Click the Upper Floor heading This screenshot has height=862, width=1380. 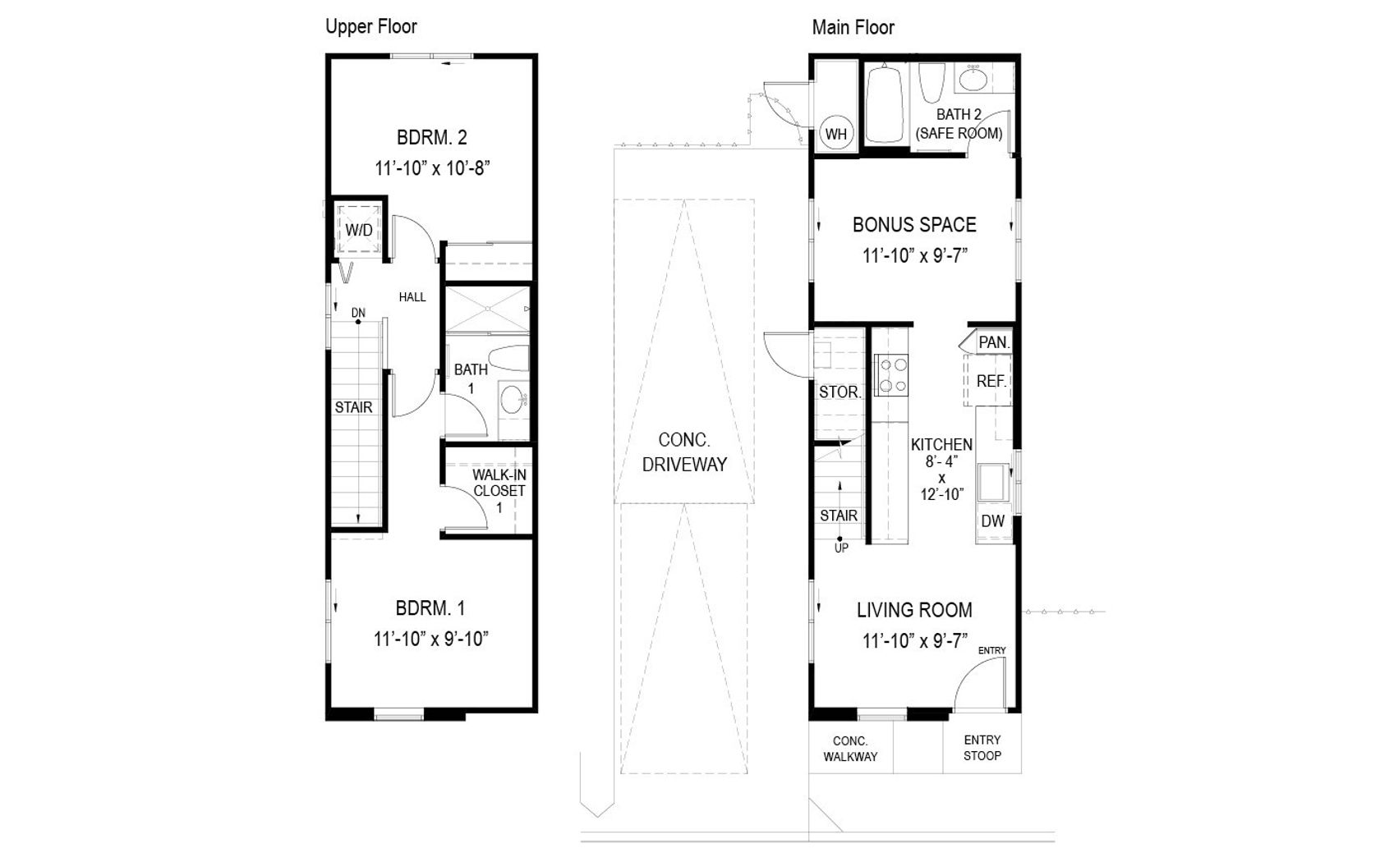[371, 26]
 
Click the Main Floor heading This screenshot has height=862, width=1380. [853, 27]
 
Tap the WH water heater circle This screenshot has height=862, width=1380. [836, 134]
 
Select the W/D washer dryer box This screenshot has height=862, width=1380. [358, 230]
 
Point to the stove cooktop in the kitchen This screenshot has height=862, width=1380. [890, 375]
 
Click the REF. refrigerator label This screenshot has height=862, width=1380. [991, 381]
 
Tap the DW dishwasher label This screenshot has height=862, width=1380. [992, 520]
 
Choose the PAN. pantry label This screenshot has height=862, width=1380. [994, 342]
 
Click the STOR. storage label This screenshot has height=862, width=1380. [839, 392]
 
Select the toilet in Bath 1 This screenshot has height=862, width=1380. [509, 358]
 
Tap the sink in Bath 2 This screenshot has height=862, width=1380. [973, 79]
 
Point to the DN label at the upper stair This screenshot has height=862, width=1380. [358, 313]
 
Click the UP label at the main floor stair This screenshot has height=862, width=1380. [841, 548]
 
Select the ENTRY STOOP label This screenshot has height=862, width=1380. [982, 747]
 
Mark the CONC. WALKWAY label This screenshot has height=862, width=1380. [850, 749]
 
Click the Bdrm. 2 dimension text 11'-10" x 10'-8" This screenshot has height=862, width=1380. [432, 168]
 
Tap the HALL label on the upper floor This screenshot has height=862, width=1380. [412, 297]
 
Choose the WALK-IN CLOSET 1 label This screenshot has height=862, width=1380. [499, 491]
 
